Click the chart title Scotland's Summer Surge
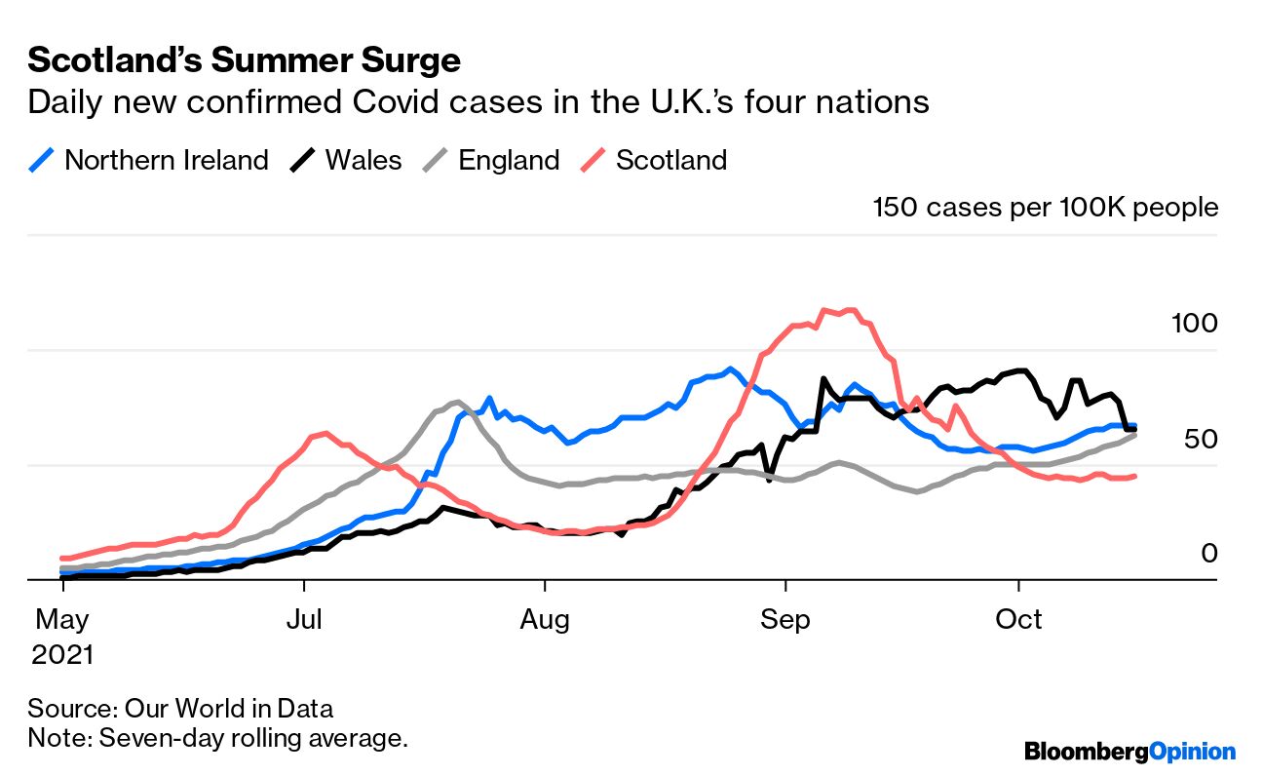tap(244, 60)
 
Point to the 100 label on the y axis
tap(1192, 323)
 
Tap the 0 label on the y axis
tap(1209, 554)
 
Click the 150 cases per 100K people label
tap(1045, 207)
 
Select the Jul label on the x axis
tap(306, 619)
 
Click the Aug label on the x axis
tap(546, 619)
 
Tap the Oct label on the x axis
tap(1019, 619)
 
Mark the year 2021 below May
tap(62, 654)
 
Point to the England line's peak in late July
tap(457, 402)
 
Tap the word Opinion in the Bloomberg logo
tap(1192, 752)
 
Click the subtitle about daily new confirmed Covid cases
tap(478, 102)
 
